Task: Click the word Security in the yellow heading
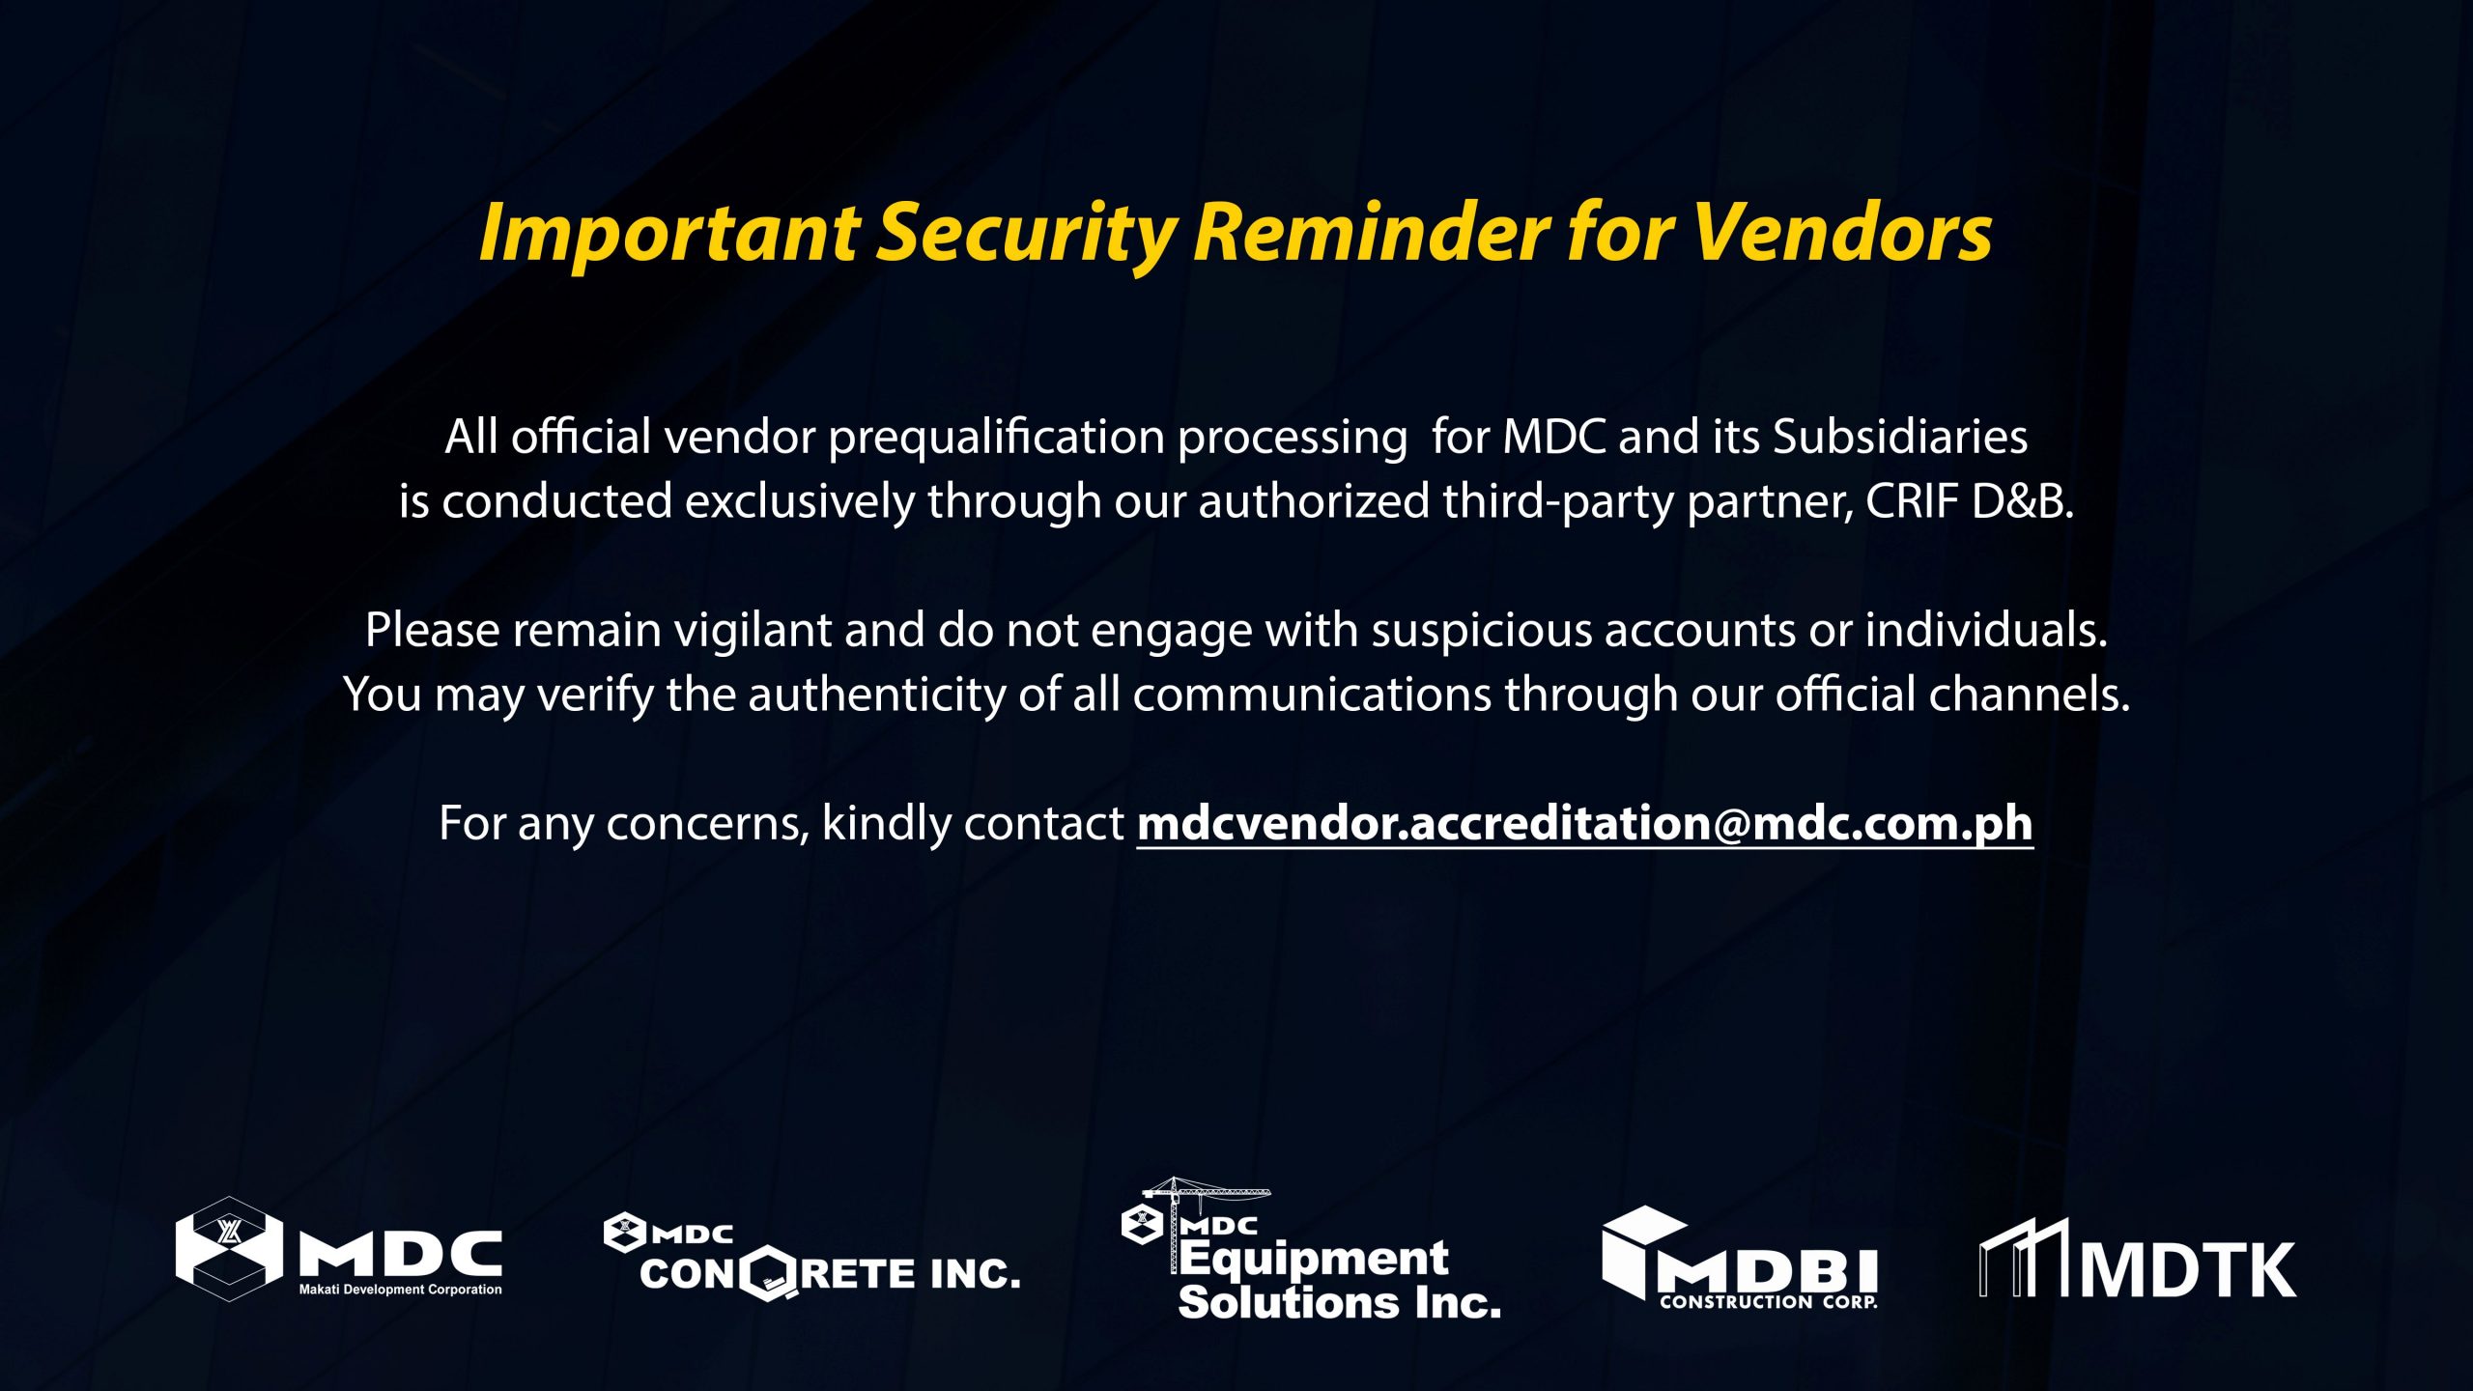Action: click(x=1026, y=234)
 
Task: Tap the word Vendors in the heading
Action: click(x=1841, y=234)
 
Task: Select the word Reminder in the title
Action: click(x=1372, y=234)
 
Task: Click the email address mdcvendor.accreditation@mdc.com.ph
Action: click(x=1584, y=824)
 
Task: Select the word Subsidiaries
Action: click(x=1899, y=437)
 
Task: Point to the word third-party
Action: click(x=1558, y=502)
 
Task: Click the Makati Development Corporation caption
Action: click(x=400, y=1290)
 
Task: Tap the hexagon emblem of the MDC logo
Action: click(x=229, y=1249)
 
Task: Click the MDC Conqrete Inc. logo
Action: click(x=811, y=1256)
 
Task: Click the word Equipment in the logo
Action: click(x=1314, y=1259)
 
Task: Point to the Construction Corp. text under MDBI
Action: click(x=1769, y=1302)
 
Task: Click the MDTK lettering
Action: click(x=2188, y=1269)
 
